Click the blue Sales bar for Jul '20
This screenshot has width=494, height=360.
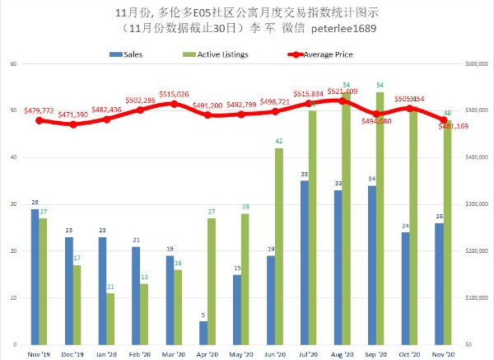click(x=304, y=262)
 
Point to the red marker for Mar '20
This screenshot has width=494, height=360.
click(x=174, y=104)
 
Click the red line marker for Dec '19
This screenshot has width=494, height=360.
click(x=73, y=124)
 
